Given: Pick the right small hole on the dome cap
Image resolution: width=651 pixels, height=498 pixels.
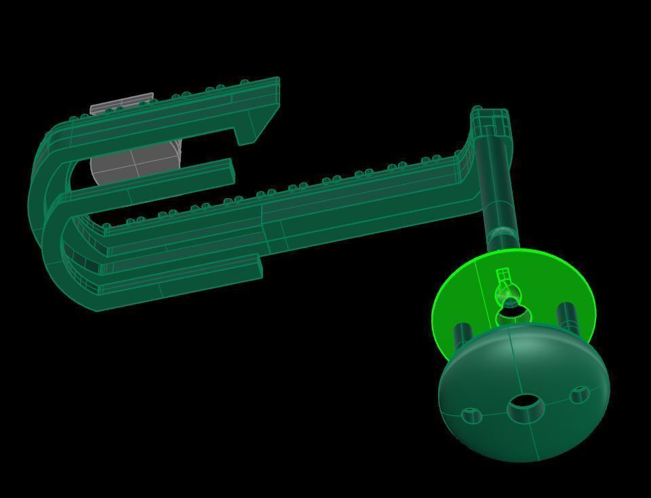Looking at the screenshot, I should [x=580, y=395].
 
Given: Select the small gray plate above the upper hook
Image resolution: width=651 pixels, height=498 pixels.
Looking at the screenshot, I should [x=122, y=104].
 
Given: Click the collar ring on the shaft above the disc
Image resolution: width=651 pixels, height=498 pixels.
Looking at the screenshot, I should [x=502, y=234].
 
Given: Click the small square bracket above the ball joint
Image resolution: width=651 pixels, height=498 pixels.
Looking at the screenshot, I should [x=502, y=275].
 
